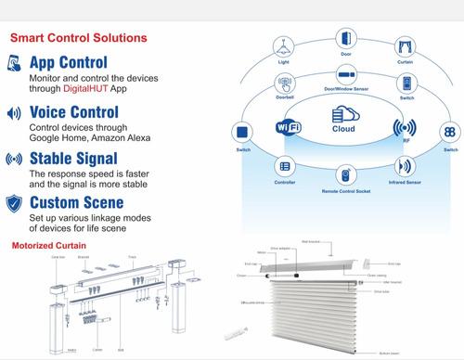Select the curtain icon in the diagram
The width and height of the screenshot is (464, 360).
click(x=405, y=45)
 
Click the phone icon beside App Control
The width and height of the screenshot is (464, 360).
click(x=16, y=63)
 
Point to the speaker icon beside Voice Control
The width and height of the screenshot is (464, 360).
click(x=15, y=113)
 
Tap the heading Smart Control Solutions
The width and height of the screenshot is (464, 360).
click(x=78, y=39)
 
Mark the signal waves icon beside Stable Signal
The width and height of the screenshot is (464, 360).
click(x=15, y=159)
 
